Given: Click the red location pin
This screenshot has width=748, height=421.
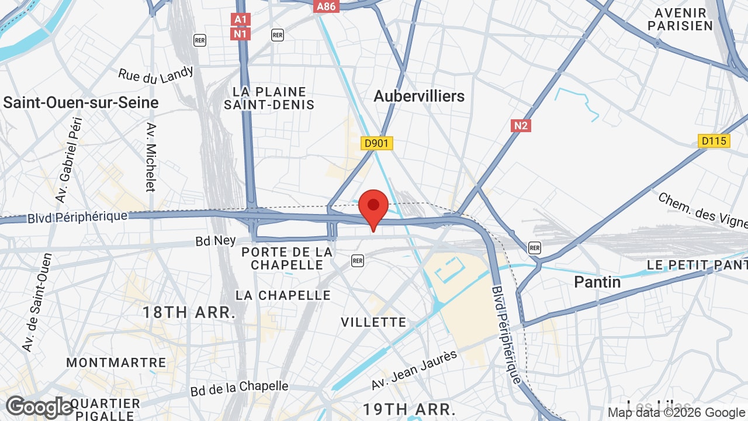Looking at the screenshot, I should pos(373,206).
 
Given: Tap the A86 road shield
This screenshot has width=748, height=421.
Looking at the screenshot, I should pos(327,6).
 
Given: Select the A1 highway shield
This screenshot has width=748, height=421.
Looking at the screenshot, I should pos(241,20).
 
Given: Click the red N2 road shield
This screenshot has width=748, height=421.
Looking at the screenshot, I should pos(521,125).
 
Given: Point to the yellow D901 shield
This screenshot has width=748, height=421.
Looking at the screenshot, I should pos(377,143).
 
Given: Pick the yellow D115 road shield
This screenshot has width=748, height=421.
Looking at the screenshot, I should pos(714,141).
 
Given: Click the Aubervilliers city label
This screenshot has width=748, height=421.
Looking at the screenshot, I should pos(419,96).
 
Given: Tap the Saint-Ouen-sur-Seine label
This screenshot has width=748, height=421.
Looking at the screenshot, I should pos(81,103).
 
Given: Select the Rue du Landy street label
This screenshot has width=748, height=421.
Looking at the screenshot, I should pos(155,74).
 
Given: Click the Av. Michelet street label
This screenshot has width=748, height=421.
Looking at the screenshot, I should pos(151,157).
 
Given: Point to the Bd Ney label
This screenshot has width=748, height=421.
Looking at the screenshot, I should pos(216,240).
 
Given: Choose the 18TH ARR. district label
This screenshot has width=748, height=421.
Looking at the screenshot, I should pos(189,312).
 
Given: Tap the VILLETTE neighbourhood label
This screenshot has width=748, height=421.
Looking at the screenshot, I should pos(373,322).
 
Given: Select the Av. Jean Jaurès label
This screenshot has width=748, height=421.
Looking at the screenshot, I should pos(414,370).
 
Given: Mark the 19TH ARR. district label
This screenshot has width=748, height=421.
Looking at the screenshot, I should pos(408,408).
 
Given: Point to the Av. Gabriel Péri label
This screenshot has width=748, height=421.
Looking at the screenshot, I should pos(69,160).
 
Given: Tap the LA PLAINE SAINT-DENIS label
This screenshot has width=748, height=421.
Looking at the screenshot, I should pos(269,98).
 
